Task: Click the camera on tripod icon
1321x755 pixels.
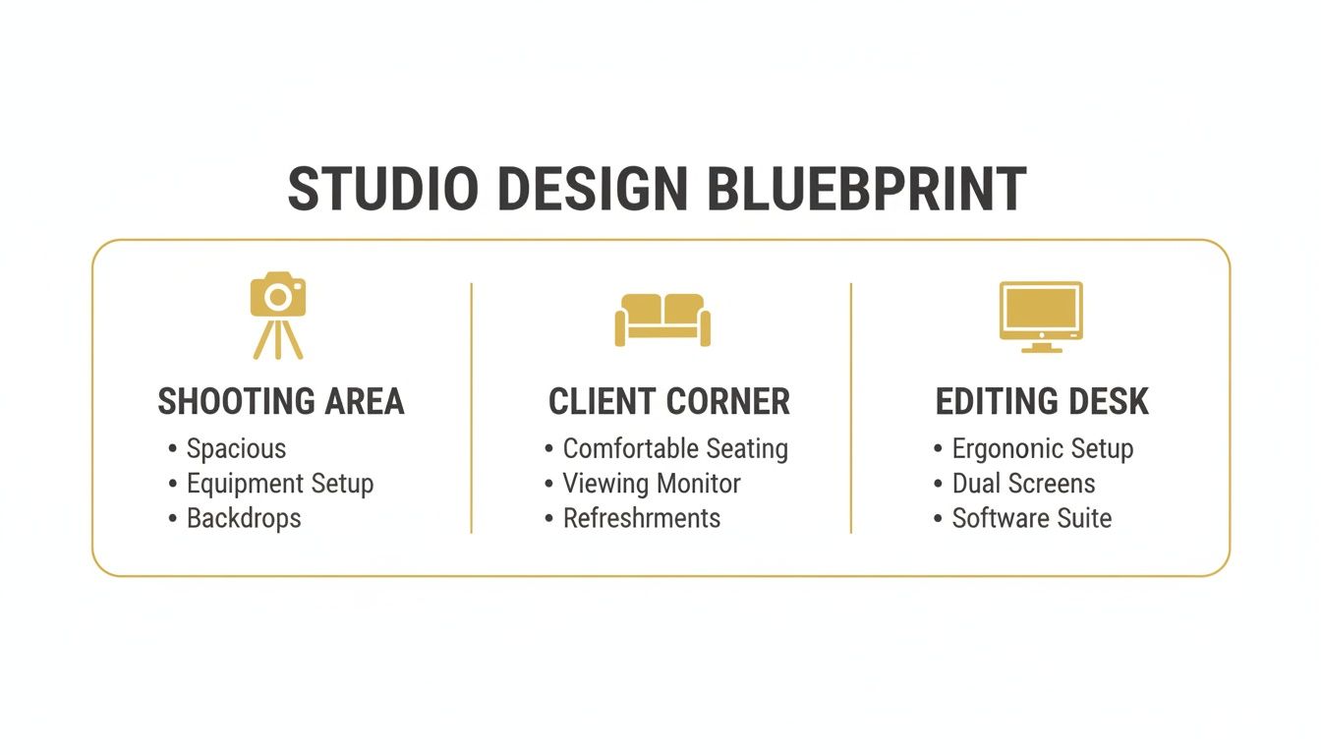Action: [x=278, y=315]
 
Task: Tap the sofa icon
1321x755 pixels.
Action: [x=662, y=319]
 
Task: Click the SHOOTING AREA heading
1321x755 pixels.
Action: [x=281, y=402]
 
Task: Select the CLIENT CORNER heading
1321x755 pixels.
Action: [x=668, y=402]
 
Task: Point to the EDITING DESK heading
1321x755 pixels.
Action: [x=1042, y=402]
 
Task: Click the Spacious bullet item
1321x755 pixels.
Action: [x=236, y=449]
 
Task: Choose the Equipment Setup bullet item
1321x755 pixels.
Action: [x=280, y=484]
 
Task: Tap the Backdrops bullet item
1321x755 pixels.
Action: [x=244, y=518]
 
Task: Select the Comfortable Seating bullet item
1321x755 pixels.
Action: [x=675, y=449]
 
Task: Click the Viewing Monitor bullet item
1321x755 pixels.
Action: [x=652, y=484]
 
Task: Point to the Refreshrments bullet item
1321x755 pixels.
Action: [x=641, y=518]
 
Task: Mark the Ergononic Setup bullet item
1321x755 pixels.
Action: [x=1043, y=449]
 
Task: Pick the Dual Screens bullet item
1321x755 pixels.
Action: [x=1023, y=484]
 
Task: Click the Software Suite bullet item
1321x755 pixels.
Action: [x=1032, y=518]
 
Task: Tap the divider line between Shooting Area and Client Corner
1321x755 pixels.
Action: [x=472, y=408]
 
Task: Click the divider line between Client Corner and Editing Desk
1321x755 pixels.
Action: [x=851, y=408]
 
